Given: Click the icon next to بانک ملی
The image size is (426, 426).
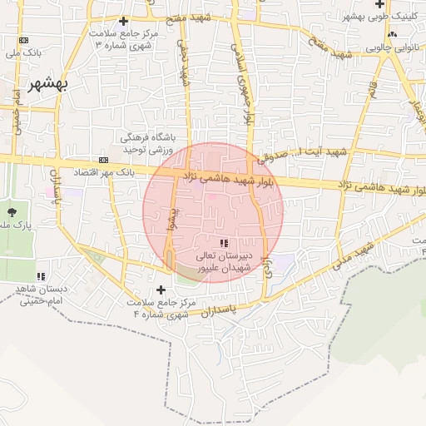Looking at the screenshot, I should tap(23, 40).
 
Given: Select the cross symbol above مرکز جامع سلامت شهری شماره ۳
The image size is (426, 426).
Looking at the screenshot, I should tap(124, 21).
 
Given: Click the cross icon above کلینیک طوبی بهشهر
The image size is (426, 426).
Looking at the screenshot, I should tap(379, 5).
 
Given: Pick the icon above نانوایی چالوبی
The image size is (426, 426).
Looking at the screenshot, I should tap(391, 35).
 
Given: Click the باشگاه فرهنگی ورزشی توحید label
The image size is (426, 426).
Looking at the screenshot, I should tap(146, 142).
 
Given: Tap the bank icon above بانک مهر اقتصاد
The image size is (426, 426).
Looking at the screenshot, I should tap(103, 160).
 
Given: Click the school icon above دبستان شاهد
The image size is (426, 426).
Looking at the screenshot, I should tap(39, 276).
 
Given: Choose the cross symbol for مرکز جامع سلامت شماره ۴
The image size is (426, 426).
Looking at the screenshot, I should tap(161, 290).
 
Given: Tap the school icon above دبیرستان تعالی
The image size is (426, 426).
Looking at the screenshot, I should tap(223, 243).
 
